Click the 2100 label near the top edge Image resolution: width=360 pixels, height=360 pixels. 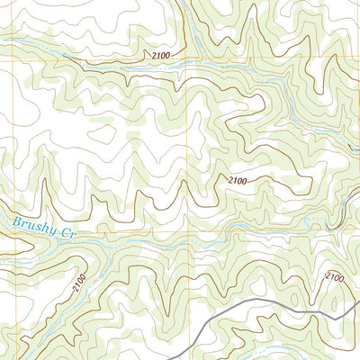[x=154, y=57]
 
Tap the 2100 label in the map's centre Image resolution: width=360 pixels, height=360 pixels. [x=238, y=181]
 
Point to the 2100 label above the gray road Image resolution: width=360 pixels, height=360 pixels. [x=334, y=276]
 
